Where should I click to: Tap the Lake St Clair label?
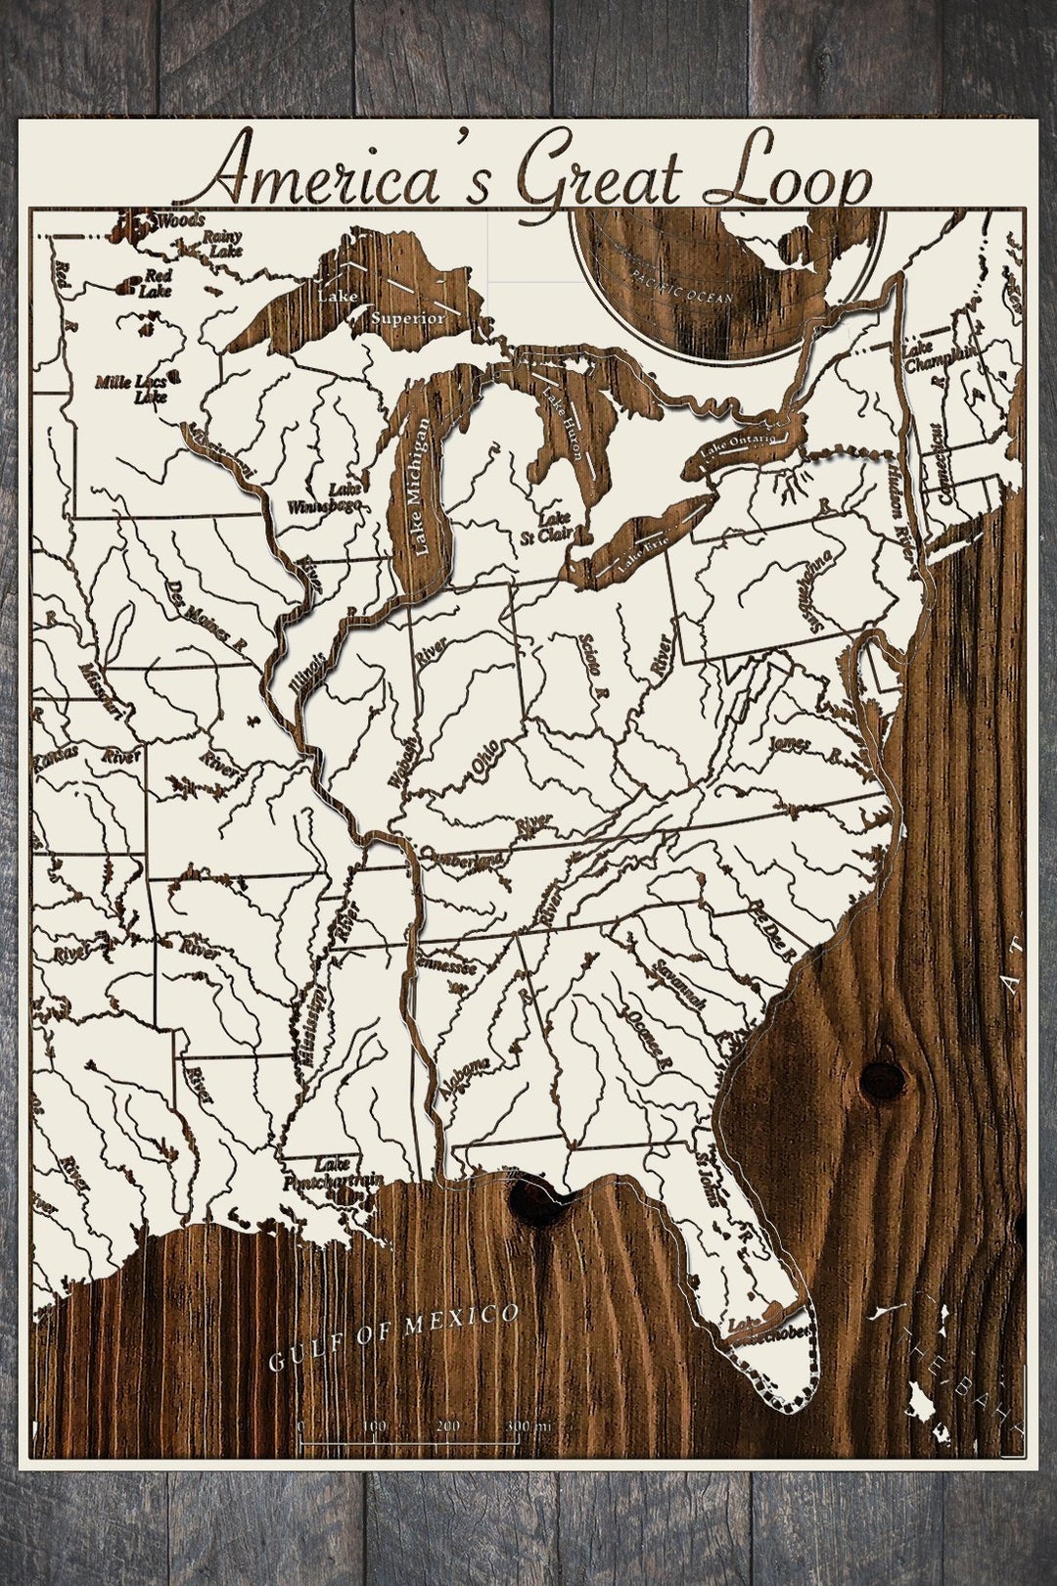tap(557, 526)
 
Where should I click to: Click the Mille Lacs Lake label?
tap(136, 389)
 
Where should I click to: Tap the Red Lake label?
tap(156, 284)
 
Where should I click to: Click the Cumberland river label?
tap(464, 862)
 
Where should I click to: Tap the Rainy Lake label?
tap(221, 243)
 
